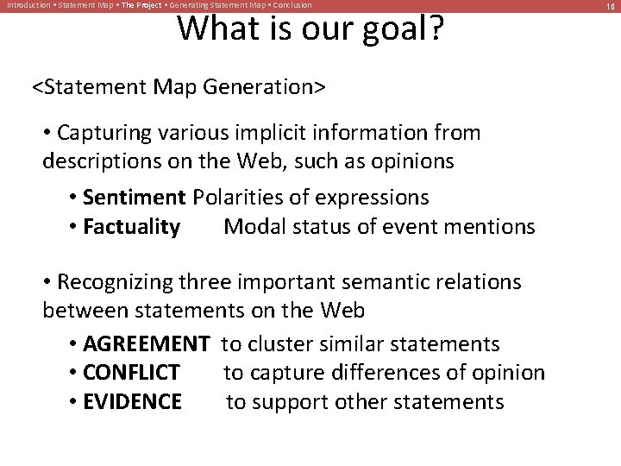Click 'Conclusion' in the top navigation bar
(292, 5)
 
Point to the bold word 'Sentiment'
(135, 197)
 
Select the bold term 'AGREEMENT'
(146, 344)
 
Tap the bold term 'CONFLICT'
(132, 373)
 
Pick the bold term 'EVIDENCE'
(133, 401)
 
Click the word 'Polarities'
(240, 197)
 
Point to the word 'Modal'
(250, 227)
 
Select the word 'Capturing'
(108, 133)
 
